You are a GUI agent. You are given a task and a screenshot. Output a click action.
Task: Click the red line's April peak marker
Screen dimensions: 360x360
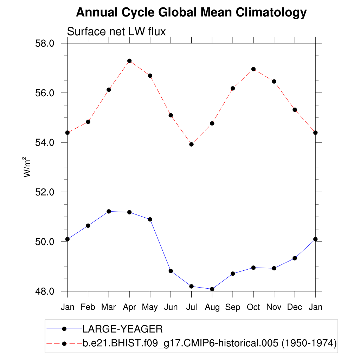click(x=129, y=61)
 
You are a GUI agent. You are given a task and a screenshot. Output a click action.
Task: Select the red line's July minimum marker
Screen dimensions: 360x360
click(x=191, y=144)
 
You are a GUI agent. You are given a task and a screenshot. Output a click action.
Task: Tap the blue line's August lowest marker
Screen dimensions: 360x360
click(x=212, y=289)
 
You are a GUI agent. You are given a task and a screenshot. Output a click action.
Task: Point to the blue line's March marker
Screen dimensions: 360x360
click(x=109, y=211)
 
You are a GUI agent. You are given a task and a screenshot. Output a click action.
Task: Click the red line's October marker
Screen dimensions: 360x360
click(x=253, y=69)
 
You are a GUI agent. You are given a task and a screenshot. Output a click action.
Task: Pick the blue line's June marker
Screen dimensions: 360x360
click(x=171, y=271)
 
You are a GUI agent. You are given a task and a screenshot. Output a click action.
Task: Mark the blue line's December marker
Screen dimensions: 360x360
click(x=295, y=258)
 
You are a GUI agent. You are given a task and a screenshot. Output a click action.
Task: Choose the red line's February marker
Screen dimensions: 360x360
click(x=88, y=122)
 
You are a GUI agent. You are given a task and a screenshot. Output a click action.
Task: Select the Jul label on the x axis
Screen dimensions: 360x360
click(x=191, y=307)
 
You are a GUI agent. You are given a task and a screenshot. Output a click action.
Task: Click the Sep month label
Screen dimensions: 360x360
click(x=233, y=307)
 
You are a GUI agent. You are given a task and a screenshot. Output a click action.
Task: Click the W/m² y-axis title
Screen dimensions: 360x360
click(x=27, y=167)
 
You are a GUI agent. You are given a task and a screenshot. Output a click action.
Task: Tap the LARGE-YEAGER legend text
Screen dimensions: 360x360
click(x=122, y=329)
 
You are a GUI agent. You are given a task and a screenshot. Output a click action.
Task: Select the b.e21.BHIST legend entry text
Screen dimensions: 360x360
click(x=210, y=343)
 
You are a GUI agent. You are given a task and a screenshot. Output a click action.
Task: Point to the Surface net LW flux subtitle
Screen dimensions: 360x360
click(x=116, y=32)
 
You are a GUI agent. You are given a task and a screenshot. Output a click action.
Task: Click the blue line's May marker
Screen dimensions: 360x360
click(x=150, y=219)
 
